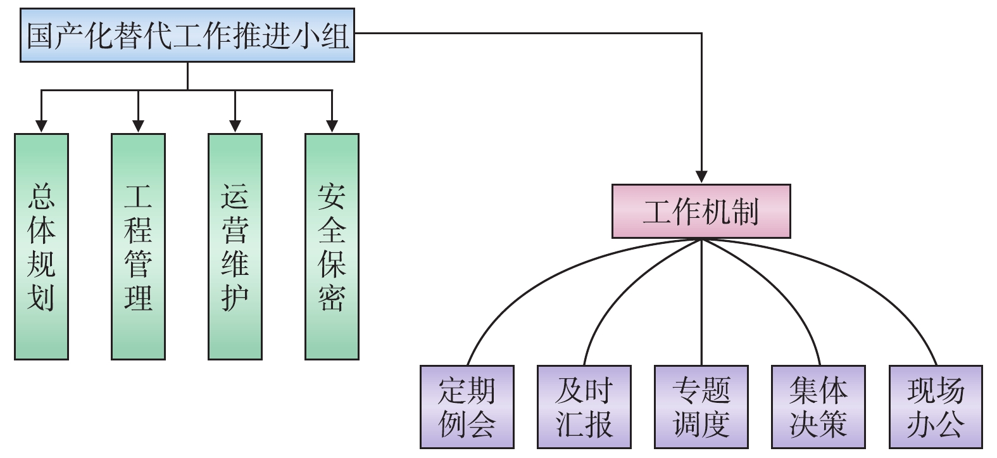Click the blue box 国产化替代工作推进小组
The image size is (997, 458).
(187, 35)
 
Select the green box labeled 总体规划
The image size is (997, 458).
(41, 246)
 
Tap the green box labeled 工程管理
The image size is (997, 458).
(138, 246)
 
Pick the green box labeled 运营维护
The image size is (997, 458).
(235, 246)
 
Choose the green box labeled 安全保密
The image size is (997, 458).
(332, 246)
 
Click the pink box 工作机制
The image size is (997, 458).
(701, 212)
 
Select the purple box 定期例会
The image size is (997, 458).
(467, 407)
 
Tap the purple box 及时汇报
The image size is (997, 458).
(584, 407)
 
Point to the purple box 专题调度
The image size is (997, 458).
(701, 407)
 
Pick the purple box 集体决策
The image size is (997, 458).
(818, 407)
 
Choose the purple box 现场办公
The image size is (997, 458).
(936, 407)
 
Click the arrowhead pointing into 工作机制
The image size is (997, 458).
(701, 176)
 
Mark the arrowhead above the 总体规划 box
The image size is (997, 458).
(41, 125)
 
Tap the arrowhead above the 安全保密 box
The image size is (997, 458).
(332, 125)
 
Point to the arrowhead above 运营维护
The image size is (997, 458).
(235, 125)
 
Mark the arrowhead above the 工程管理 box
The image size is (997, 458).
(138, 125)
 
